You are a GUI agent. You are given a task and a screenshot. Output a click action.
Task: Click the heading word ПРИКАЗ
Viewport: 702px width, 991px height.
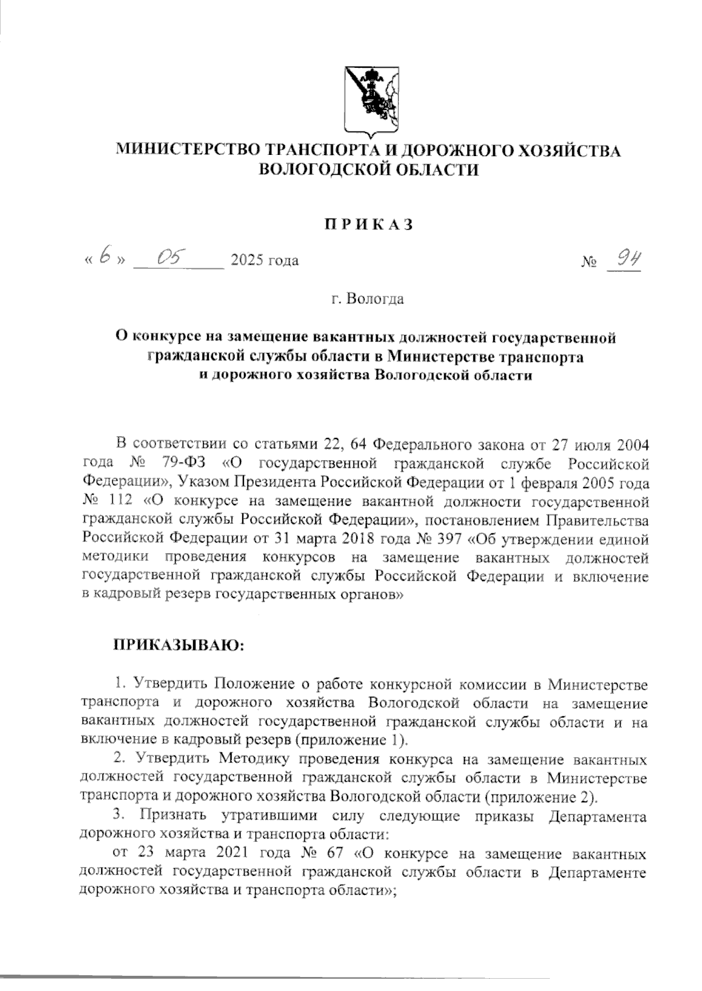pos(369,225)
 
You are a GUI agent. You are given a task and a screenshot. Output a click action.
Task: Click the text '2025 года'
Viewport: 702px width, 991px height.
pos(264,260)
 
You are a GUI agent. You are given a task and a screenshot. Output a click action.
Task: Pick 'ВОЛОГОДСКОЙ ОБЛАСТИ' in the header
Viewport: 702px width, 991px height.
pos(369,170)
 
